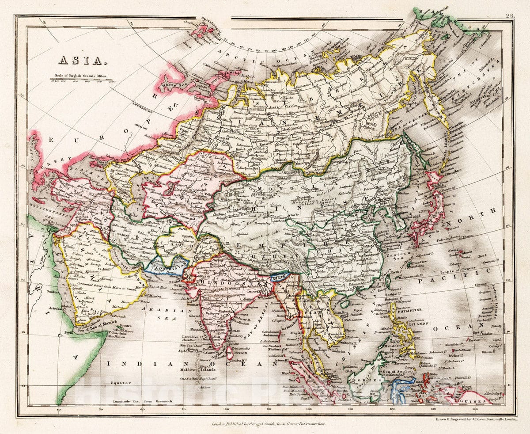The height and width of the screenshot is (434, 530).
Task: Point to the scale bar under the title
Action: coord(82,81)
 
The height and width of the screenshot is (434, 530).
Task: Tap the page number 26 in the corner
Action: coord(510,16)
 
